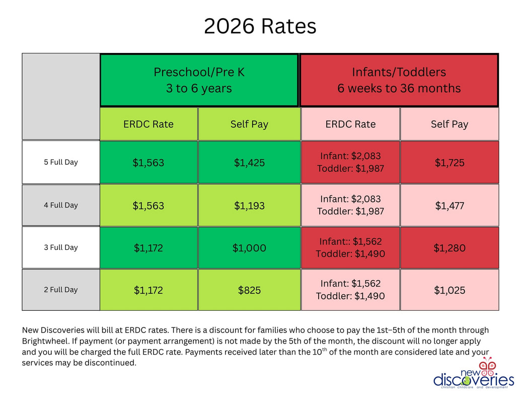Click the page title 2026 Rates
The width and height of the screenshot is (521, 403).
coord(260,26)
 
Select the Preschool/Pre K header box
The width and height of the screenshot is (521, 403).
coord(199,80)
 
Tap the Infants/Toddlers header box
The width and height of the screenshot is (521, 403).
coord(399,80)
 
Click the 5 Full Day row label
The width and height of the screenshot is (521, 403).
coord(61,162)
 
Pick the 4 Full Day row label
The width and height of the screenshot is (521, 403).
coord(61,205)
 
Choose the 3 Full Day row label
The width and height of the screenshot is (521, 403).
coord(61,247)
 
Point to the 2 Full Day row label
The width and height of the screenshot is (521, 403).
coord(61,290)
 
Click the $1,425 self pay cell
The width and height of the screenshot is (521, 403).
coord(249,163)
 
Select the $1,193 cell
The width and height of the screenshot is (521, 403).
coord(249,206)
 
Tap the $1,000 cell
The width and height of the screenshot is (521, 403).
coord(249,248)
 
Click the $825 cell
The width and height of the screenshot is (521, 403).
coord(249,290)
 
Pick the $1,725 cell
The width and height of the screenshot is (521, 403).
coord(450,163)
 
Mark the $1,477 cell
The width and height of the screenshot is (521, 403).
coord(450,206)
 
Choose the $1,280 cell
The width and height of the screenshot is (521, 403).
coord(450,248)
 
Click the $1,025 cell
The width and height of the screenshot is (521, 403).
coord(450,290)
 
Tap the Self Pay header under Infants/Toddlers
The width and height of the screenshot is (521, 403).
coord(450,124)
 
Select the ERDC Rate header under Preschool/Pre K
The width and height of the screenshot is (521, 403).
coord(148,124)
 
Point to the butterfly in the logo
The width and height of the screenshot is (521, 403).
coord(487,364)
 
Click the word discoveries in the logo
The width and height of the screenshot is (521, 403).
coord(473,379)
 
